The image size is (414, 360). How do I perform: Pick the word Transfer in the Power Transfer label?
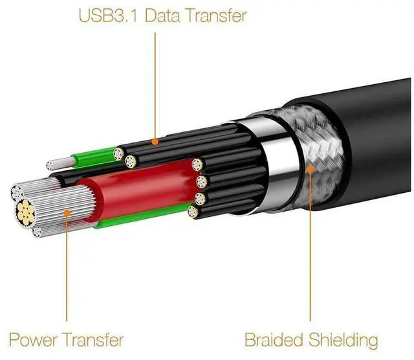95,339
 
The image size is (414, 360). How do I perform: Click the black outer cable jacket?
369,129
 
